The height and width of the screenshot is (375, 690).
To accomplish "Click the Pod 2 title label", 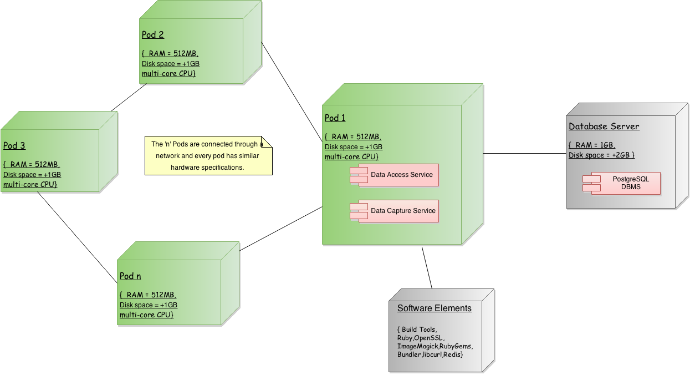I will click(153, 34).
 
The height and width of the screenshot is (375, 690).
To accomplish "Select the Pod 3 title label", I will click(14, 146).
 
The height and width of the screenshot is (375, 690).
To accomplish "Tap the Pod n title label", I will click(130, 276).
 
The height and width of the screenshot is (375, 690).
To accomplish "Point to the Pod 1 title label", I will click(335, 118).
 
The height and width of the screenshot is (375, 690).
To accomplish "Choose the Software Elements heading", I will click(434, 308).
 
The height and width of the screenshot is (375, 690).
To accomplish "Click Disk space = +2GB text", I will click(601, 155).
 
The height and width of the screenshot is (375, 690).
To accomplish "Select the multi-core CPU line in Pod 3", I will click(30, 184).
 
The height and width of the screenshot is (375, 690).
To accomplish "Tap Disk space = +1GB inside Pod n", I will click(149, 305).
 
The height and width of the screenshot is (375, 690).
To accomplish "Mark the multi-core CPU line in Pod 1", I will click(351, 157).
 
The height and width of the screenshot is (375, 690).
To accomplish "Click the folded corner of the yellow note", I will click(267, 141).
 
